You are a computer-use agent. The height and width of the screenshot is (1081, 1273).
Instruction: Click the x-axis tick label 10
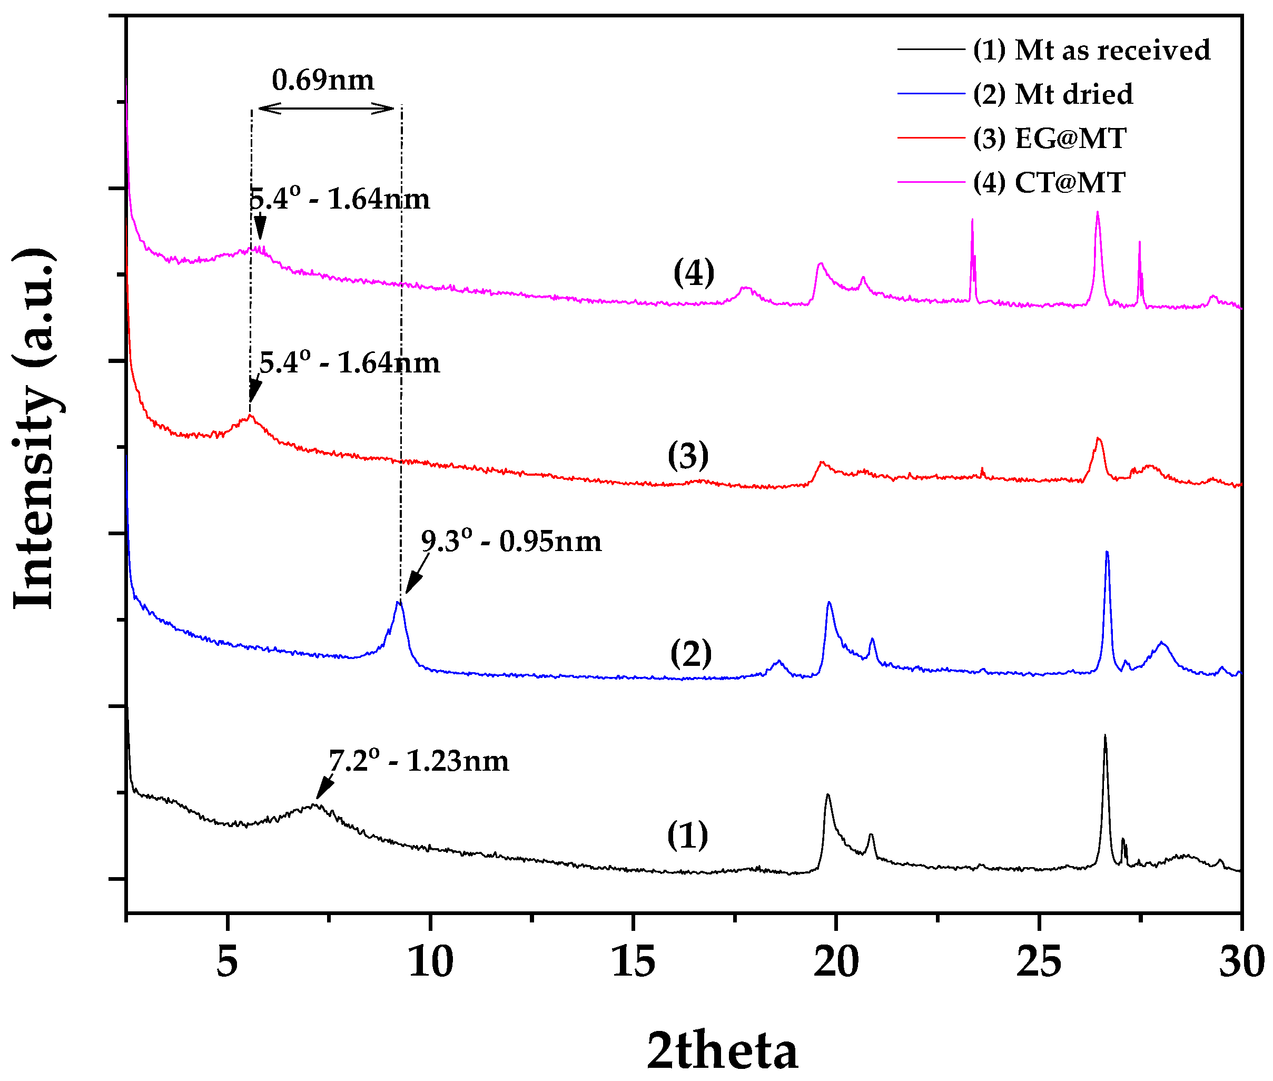coord(431,961)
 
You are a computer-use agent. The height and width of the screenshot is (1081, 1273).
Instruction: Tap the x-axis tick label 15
coord(633,961)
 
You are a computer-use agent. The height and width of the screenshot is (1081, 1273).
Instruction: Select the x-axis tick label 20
coord(836,961)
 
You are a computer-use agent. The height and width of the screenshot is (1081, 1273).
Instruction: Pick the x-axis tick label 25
coord(1039,961)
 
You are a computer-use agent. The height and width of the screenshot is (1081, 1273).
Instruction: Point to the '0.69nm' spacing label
coord(323,80)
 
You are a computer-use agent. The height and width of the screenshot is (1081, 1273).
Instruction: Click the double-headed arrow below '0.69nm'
coord(326,109)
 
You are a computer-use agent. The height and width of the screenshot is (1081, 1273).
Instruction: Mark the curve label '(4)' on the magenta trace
coord(694,273)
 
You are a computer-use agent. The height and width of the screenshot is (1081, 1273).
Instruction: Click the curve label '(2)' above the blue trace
coord(691,654)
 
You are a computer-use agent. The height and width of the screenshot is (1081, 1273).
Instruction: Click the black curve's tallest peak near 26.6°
coord(1105,736)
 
